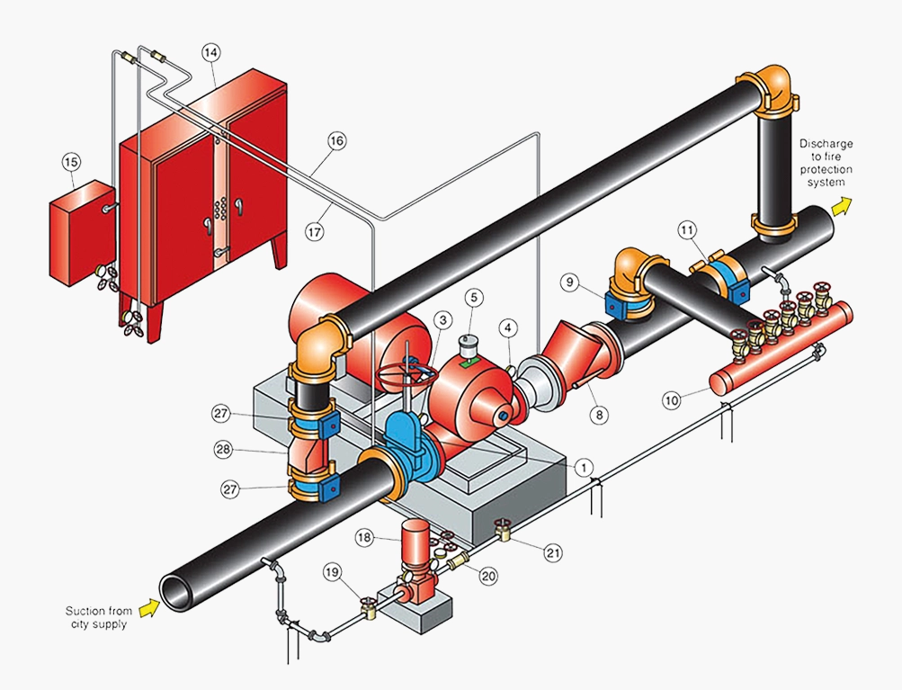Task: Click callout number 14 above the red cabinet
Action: pyautogui.click(x=211, y=53)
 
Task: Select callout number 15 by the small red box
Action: pyautogui.click(x=71, y=162)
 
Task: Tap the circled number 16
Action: pyautogui.click(x=337, y=140)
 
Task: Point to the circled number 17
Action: pyautogui.click(x=315, y=231)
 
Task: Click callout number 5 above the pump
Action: pyautogui.click(x=475, y=298)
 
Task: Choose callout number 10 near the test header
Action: pyautogui.click(x=672, y=399)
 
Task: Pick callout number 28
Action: pyautogui.click(x=223, y=449)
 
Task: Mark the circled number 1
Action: pyautogui.click(x=584, y=467)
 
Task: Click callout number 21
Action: pyautogui.click(x=553, y=552)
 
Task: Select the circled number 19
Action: pyautogui.click(x=333, y=572)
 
